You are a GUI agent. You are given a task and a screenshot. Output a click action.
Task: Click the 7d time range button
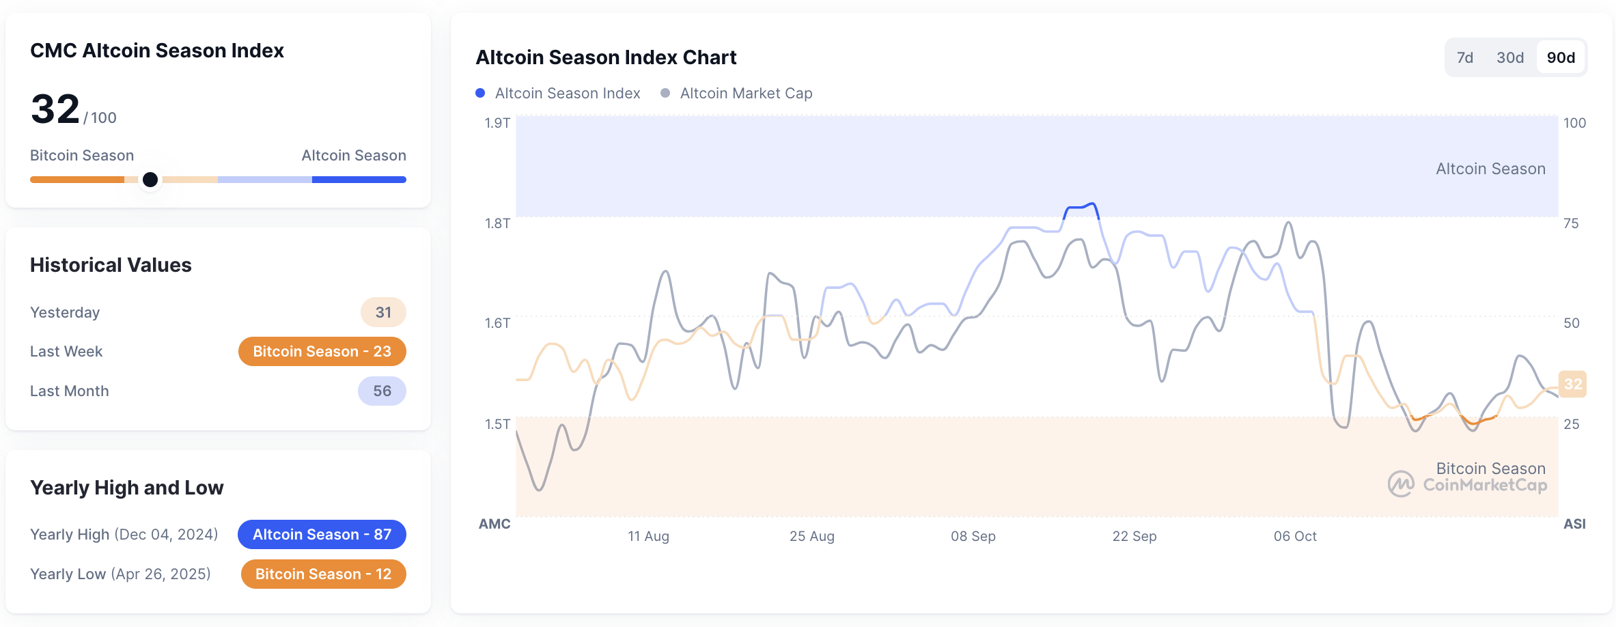click(x=1464, y=58)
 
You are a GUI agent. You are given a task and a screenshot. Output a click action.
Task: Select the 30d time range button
click(x=1509, y=58)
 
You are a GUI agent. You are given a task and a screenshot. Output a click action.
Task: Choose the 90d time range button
click(x=1561, y=58)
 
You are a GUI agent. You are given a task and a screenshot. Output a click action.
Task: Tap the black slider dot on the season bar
click(x=150, y=180)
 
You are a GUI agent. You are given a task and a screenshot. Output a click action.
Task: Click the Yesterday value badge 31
click(x=383, y=313)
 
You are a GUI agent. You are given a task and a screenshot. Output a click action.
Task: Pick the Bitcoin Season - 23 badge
click(x=322, y=352)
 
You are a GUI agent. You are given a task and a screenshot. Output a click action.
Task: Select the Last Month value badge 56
click(x=382, y=391)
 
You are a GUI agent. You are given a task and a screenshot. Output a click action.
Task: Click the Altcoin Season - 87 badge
click(x=322, y=535)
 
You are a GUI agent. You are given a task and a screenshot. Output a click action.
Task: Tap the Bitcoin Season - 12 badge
click(x=323, y=574)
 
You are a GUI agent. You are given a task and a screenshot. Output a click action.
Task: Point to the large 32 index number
click(x=55, y=109)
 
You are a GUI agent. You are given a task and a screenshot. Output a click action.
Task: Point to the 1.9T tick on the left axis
click(x=497, y=123)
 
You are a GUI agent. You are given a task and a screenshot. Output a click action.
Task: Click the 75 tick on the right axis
click(x=1571, y=223)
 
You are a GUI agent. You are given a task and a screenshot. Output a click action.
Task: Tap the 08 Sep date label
click(x=973, y=536)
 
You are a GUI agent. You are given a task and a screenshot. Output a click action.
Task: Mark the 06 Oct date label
click(x=1294, y=536)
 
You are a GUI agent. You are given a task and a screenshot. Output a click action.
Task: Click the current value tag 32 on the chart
click(x=1572, y=384)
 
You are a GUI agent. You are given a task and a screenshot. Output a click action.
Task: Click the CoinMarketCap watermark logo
click(x=1400, y=484)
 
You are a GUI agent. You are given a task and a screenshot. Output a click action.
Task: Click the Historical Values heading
click(x=111, y=265)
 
